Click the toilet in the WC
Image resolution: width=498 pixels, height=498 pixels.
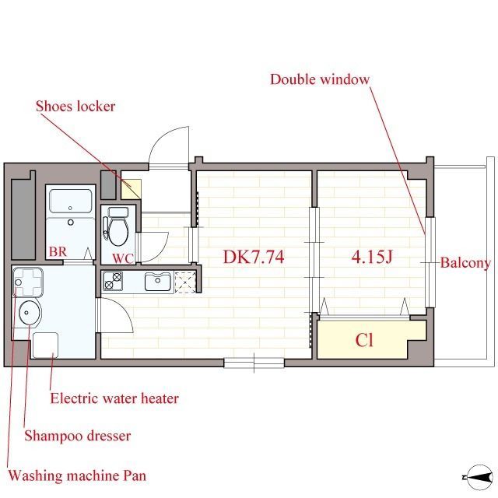[x=117, y=226]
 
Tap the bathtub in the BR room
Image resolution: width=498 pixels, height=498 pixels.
[x=71, y=201]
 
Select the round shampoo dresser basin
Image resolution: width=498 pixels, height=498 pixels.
[x=30, y=313]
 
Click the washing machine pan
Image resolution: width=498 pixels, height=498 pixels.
[x=28, y=282]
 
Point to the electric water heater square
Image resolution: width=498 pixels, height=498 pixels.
[x=45, y=345]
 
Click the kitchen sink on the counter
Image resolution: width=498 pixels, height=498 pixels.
[x=158, y=282]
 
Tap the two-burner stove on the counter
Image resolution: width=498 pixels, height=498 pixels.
[x=113, y=281]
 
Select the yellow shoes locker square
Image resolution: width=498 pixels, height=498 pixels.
[x=131, y=189]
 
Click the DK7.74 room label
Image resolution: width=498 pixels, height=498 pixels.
[x=254, y=257]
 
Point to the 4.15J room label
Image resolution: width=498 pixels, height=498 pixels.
[x=372, y=257]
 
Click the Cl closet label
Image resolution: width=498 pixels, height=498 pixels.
[x=364, y=340]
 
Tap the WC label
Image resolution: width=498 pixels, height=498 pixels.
[x=123, y=259]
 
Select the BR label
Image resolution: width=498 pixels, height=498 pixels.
[x=58, y=252]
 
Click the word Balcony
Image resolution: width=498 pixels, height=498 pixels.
[x=465, y=263]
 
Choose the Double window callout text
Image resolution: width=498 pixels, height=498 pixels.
[x=320, y=79]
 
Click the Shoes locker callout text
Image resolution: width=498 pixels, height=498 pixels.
[x=75, y=106]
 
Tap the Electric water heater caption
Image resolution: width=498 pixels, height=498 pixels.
[x=114, y=398]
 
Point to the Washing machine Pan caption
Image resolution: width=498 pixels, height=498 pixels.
[x=77, y=475]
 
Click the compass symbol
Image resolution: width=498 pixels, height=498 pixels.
[x=479, y=477]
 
